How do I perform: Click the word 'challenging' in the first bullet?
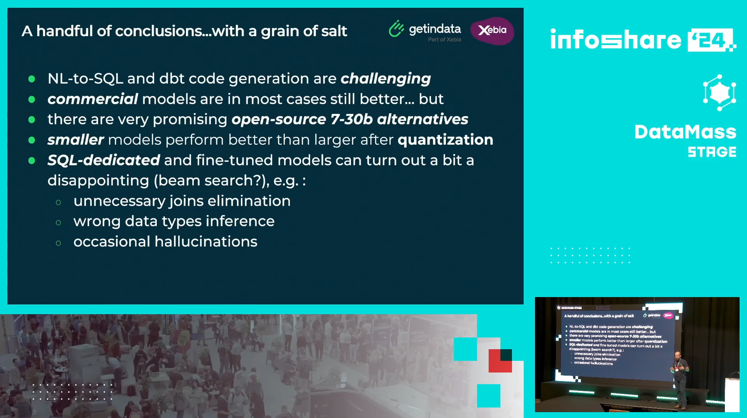386,79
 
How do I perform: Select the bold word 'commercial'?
93,99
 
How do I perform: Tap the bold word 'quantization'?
445,140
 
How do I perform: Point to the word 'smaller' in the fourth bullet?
75,140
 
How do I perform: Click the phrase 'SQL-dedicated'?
103,160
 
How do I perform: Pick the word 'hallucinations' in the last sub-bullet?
206,241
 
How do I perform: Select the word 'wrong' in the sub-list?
97,222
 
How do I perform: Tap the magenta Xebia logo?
492,31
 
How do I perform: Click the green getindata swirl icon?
396,29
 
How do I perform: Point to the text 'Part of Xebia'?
444,40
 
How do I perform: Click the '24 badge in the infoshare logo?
710,40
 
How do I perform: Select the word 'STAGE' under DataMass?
712,152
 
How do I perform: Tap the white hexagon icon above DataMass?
719,93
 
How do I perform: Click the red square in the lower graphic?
500,361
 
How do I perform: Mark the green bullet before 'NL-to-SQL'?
32,79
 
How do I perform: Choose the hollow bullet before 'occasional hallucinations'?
58,243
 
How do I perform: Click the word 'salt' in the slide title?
334,31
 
